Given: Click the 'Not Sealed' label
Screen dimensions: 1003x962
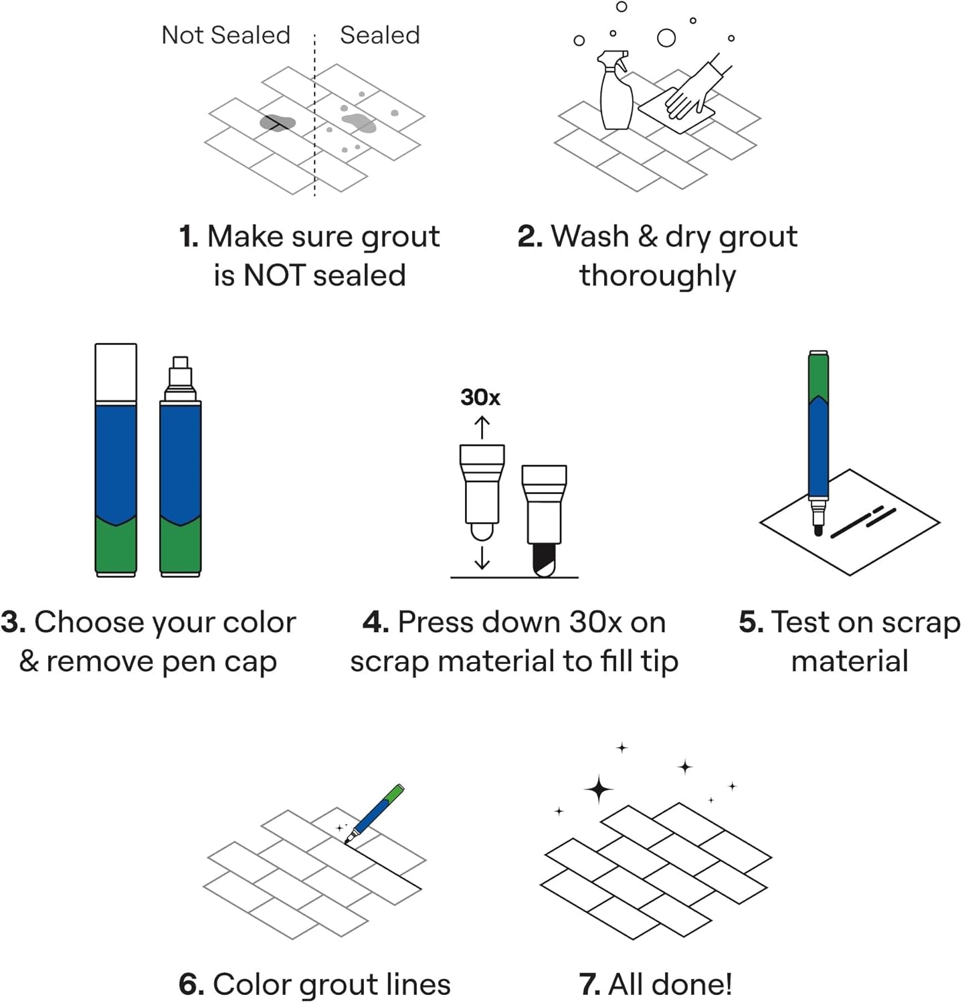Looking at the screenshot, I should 226,35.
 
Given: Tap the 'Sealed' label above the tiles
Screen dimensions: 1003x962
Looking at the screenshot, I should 379,35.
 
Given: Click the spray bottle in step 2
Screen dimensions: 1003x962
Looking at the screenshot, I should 615,94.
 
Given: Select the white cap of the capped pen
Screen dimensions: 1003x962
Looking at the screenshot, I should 116,373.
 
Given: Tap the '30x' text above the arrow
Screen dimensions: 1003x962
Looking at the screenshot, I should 480,397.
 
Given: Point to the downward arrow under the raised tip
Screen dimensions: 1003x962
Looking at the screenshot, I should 482,557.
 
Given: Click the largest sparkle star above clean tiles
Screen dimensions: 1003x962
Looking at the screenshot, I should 599,789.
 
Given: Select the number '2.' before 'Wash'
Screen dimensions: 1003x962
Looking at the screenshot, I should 530,237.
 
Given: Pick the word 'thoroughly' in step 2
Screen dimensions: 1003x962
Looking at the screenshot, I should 658,275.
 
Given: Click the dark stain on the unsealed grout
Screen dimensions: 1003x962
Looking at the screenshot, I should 277,123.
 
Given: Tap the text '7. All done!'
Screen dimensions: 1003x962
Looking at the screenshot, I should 656,984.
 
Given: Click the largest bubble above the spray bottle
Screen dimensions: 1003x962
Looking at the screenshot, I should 666,37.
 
